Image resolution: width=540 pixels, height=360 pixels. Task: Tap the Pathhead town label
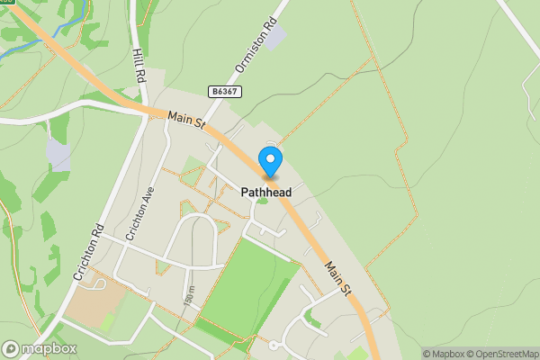266,192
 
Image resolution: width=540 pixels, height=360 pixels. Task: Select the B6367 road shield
223,92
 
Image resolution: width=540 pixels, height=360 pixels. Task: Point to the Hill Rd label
139,67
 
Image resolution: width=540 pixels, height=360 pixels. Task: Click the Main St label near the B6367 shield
185,120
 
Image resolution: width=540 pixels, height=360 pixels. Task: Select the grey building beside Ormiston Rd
273,37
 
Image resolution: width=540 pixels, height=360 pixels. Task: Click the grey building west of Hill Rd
58,155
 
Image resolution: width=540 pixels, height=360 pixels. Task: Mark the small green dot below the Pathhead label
262,200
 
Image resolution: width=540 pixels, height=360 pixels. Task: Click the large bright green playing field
243,288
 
